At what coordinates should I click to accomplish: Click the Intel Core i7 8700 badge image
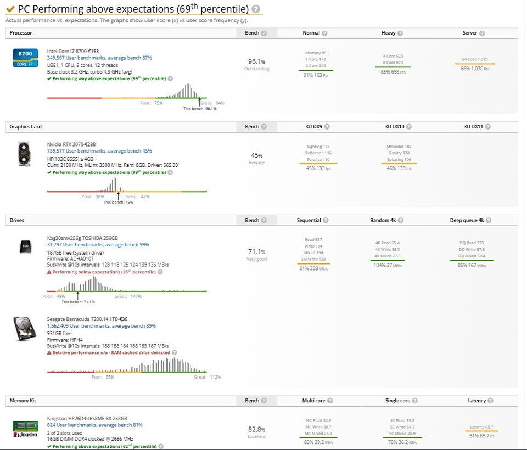coord(25,58)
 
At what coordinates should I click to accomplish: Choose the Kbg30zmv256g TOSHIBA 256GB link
coord(82,238)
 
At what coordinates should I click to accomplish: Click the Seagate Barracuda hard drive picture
coord(25,329)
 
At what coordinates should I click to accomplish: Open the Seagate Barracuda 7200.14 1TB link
coord(87,319)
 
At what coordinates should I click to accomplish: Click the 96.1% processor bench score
coord(256,61)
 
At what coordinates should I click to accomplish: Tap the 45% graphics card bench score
coord(256,155)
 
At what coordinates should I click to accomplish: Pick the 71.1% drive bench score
coord(256,252)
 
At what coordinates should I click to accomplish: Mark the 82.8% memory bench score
coord(256,429)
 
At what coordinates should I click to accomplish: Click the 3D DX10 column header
coord(394,127)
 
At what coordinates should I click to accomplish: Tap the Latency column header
coord(476,401)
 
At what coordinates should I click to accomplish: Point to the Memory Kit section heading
coord(23,401)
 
